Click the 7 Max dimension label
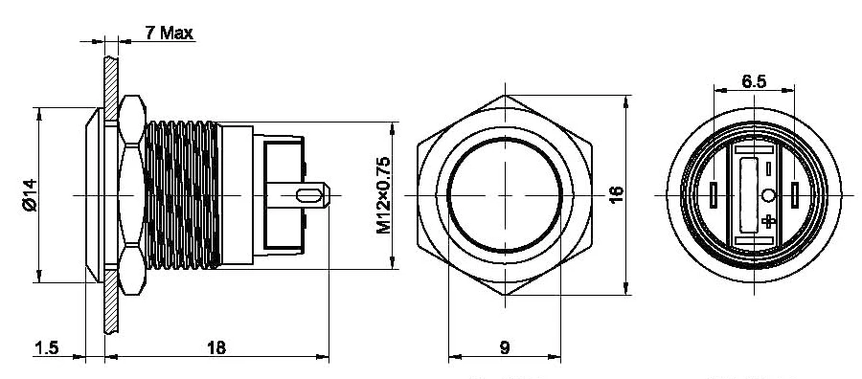coord(170,33)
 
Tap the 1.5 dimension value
coord(46,347)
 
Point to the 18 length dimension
coord(216,347)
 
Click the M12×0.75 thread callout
coord(384,195)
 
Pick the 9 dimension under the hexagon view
coord(505,347)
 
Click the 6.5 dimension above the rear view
coord(754,81)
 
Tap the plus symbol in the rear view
coord(768,221)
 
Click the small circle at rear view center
coord(768,195)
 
